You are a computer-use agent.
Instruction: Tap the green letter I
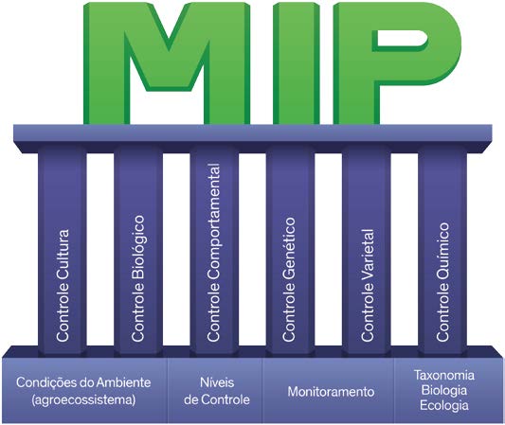click(297, 63)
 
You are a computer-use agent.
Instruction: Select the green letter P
click(397, 63)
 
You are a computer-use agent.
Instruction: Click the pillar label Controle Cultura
click(63, 285)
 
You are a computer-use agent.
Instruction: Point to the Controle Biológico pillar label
click(137, 278)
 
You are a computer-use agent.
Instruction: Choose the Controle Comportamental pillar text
click(213, 252)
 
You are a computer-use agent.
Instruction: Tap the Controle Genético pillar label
click(289, 279)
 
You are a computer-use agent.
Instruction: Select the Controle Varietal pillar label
click(368, 285)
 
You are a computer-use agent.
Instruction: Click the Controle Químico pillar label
click(442, 282)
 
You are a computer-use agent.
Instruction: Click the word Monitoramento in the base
click(331, 392)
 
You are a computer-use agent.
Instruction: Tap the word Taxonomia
click(443, 375)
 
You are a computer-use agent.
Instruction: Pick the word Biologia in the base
click(443, 390)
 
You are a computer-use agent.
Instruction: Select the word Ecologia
click(443, 405)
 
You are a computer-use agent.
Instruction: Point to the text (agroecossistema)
click(83, 399)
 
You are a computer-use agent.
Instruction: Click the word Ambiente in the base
click(124, 382)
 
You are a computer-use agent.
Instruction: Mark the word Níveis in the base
click(217, 382)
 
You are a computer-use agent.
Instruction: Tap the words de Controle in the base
click(217, 399)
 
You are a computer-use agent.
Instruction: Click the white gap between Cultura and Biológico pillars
click(100, 250)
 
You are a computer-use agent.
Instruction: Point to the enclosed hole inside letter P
click(401, 39)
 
